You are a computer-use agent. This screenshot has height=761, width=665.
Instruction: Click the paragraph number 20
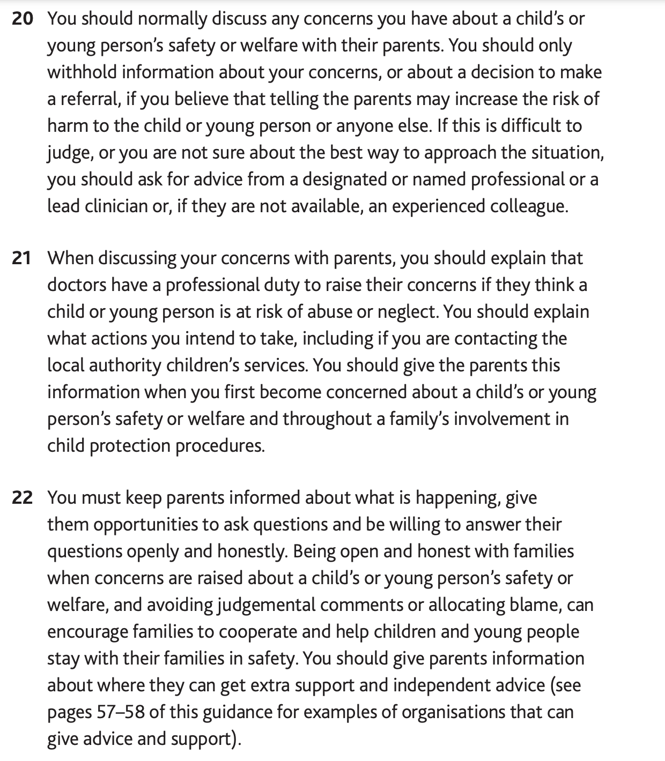22,19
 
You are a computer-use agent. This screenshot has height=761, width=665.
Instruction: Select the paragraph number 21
22,258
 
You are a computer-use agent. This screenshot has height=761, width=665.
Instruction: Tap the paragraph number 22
22,498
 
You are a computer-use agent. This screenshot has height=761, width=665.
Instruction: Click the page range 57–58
121,712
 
